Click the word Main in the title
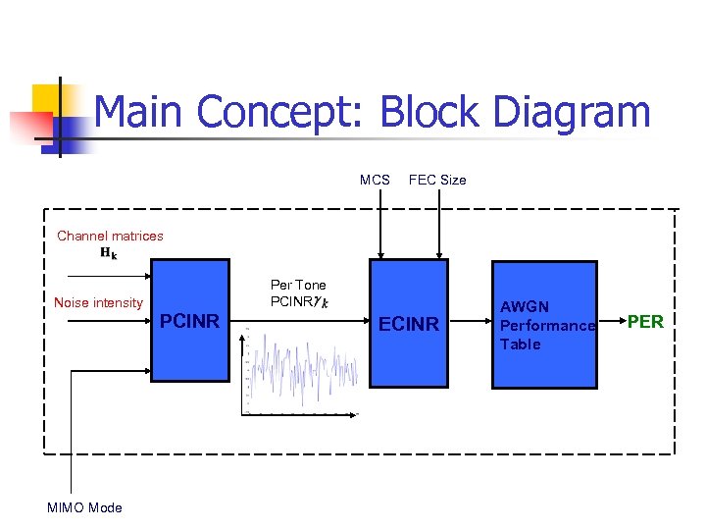[139, 113]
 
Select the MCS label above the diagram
[375, 180]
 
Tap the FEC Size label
[437, 180]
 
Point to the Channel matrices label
[110, 236]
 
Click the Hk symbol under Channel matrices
[108, 253]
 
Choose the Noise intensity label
[98, 303]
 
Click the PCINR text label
[189, 320]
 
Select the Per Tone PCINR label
[298, 292]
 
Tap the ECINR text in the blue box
[409, 324]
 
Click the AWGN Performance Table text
[547, 325]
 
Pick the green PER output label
[645, 322]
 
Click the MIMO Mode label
[84, 507]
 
